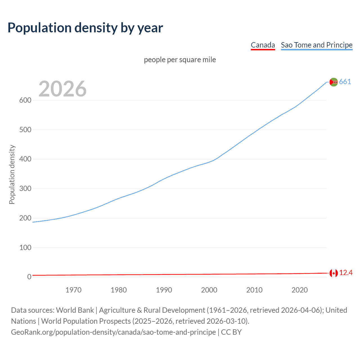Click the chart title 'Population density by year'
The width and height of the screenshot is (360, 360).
coord(85,28)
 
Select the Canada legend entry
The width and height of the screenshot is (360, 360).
coord(263,45)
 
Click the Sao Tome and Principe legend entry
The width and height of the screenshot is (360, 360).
coord(316,45)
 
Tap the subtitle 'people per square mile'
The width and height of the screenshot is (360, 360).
coord(180,60)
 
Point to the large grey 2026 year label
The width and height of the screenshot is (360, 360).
coord(62,89)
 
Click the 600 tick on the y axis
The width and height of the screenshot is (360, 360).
coord(25,100)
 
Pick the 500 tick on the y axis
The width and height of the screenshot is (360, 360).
coord(25,130)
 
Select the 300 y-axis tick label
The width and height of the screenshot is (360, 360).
coord(25,189)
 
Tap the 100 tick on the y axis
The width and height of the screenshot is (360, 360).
coord(25,248)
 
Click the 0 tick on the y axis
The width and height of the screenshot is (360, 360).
coord(29,277)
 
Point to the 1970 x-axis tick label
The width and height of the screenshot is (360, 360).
coord(73,290)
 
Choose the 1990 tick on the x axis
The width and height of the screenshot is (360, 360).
coord(164,290)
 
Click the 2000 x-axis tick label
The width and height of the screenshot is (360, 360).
coord(209,290)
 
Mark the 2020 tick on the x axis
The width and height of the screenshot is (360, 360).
coord(300,290)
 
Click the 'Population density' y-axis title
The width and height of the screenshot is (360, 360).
coord(12,174)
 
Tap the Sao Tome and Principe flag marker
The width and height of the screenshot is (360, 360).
coord(334,82)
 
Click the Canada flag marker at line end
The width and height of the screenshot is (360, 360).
coord(334,273)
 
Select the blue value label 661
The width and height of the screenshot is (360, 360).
coord(345,82)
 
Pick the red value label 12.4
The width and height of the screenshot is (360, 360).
coord(346,273)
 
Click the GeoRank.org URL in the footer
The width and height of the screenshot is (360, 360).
coord(113,332)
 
